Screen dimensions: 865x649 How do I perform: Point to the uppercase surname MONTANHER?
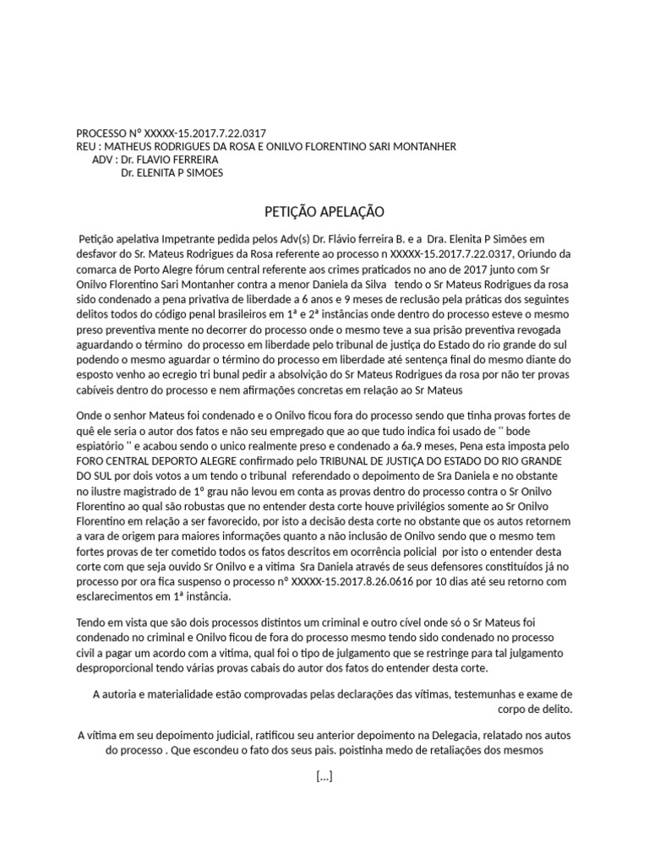click(420, 146)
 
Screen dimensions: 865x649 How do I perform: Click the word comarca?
click(98, 267)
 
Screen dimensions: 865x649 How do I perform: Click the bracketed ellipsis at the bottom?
click(324, 776)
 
